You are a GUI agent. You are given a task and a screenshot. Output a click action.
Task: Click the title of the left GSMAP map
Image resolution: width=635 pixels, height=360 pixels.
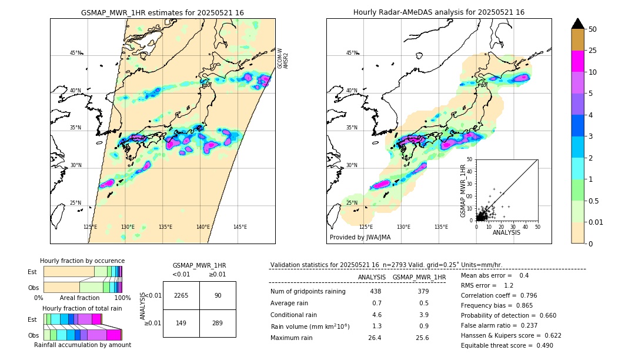[162, 12]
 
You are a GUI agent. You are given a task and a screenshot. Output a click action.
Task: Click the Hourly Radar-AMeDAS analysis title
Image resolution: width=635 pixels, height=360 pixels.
[439, 12]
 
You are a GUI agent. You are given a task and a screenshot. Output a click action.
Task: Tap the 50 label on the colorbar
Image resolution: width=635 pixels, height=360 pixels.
[593, 29]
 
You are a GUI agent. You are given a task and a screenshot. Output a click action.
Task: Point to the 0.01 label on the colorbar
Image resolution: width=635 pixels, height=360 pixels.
[596, 222]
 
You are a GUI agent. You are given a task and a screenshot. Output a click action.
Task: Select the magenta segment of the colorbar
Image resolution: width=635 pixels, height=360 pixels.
[577, 61]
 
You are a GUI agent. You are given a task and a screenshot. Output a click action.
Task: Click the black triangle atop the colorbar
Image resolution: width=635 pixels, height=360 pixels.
[577, 24]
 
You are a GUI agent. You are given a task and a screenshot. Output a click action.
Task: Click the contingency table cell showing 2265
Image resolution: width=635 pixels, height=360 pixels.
[181, 295]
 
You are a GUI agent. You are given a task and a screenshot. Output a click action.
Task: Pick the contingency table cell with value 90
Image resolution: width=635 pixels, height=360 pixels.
[218, 295]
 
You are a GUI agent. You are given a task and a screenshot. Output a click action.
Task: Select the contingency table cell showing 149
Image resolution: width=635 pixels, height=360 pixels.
[181, 323]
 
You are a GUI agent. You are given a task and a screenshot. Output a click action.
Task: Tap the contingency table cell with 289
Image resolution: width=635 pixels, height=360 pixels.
[218, 323]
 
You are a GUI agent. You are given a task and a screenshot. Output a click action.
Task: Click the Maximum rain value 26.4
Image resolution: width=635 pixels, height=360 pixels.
[375, 338]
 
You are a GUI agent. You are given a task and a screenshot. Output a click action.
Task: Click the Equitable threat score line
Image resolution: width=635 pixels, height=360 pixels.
[507, 345]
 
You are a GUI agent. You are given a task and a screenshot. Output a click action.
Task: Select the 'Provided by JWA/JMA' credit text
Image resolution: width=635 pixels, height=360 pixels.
[360, 238]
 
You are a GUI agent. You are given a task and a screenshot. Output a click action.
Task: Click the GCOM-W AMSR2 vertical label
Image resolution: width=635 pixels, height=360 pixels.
[283, 58]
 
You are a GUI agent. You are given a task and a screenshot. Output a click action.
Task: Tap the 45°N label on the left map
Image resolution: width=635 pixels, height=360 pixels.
[75, 53]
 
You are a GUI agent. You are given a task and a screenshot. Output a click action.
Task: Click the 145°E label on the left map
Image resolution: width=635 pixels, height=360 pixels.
[240, 227]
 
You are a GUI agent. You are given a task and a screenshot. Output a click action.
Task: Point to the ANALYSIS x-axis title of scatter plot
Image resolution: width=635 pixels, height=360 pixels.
[506, 232]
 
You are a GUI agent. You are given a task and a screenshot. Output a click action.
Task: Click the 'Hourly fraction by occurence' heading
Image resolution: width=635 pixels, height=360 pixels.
[82, 261]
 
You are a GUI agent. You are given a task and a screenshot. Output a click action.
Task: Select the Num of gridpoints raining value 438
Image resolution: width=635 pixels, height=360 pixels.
[375, 291]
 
